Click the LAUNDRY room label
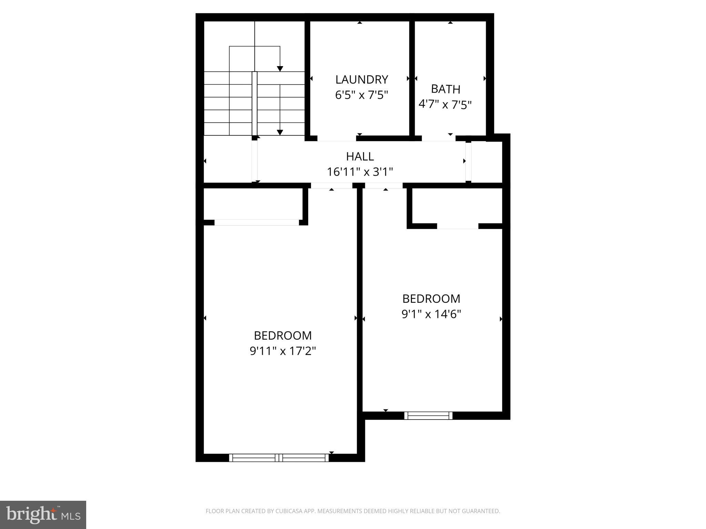[x=362, y=80]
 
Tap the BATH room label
[x=445, y=89]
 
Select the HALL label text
[x=360, y=156]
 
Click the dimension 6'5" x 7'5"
[x=362, y=95]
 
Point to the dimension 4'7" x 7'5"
[x=445, y=104]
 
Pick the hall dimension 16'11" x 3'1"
[x=360, y=172]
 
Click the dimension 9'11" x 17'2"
[x=283, y=351]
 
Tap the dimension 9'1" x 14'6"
[x=431, y=314]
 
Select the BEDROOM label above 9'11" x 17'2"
[x=283, y=335]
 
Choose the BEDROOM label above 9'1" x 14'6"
[x=431, y=298]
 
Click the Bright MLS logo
[x=43, y=515]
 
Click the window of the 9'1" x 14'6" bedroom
[x=428, y=415]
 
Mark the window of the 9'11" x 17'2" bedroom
[x=279, y=458]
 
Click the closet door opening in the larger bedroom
[x=256, y=222]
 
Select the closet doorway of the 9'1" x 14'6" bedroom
[x=457, y=226]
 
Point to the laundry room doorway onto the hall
[x=336, y=138]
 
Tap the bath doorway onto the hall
[x=438, y=138]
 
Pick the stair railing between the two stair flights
[x=254, y=103]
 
